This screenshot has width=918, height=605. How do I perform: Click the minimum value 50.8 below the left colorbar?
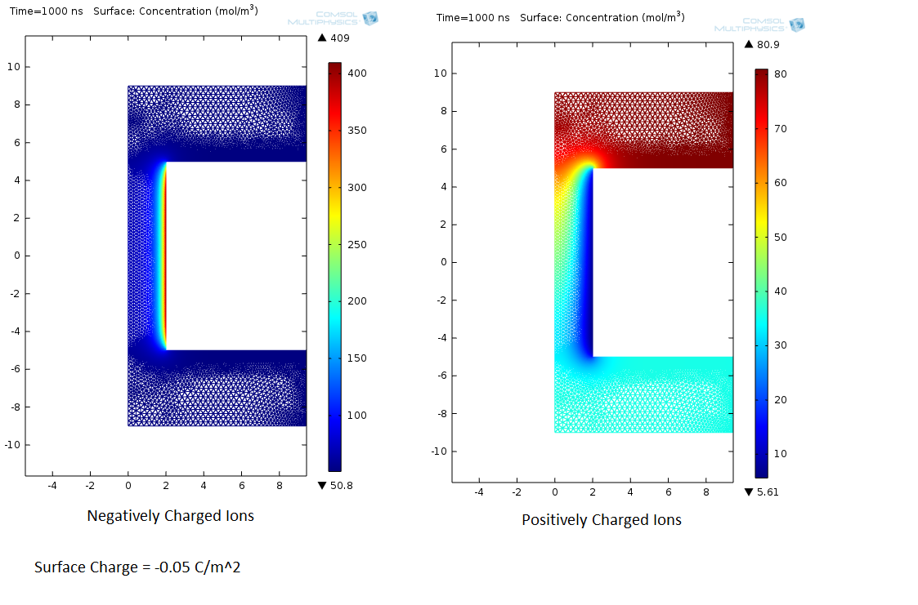pyautogui.click(x=341, y=485)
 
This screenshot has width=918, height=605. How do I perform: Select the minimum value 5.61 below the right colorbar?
pyautogui.click(x=767, y=492)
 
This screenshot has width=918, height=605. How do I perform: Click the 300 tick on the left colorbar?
pyautogui.click(x=357, y=187)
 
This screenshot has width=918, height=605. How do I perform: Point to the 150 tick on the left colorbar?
pyautogui.click(x=357, y=358)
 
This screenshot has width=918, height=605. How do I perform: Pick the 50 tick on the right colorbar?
pyautogui.click(x=781, y=237)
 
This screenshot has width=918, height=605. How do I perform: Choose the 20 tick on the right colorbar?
pyautogui.click(x=781, y=399)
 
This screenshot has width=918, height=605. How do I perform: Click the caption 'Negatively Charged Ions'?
pyautogui.click(x=170, y=516)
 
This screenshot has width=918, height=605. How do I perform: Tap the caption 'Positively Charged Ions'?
pyautogui.click(x=601, y=520)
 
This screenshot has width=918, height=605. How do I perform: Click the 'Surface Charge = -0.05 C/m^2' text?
pyautogui.click(x=137, y=567)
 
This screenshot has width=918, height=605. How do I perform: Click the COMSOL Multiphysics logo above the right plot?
pyautogui.click(x=759, y=25)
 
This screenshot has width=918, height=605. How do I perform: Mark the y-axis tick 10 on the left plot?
pyautogui.click(x=13, y=67)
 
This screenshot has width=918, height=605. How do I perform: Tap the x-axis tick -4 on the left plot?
pyautogui.click(x=52, y=485)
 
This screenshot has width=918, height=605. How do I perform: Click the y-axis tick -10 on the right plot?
pyautogui.click(x=437, y=452)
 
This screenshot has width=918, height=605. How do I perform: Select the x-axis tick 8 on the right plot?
pyautogui.click(x=706, y=492)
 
